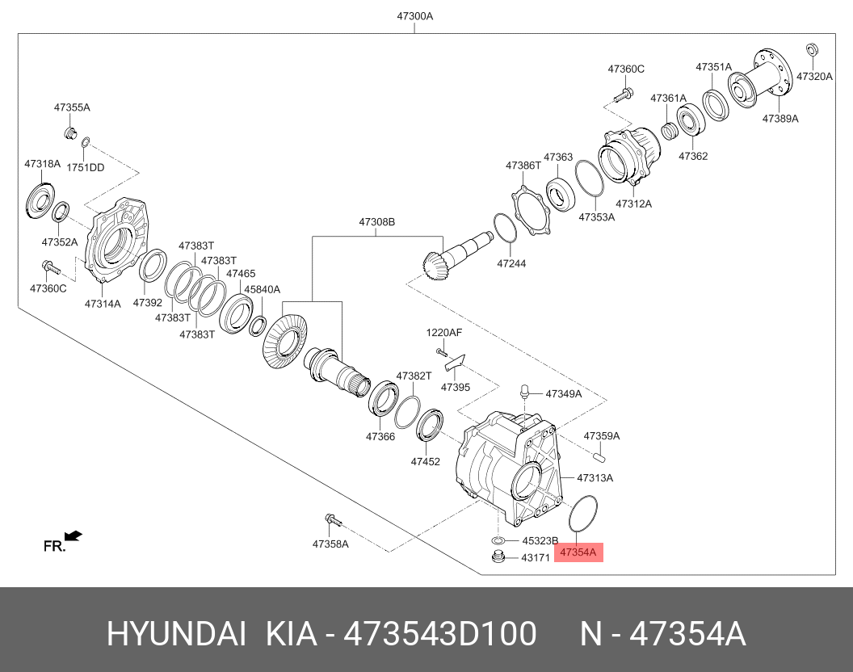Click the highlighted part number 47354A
[x=578, y=552]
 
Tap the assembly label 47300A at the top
[x=414, y=16]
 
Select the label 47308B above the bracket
[x=376, y=222]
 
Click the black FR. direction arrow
[x=73, y=536]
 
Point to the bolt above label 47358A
[x=333, y=520]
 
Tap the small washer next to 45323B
[x=498, y=540]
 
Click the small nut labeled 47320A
[x=812, y=49]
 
